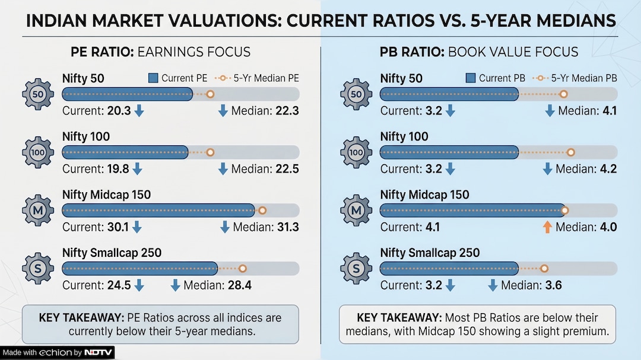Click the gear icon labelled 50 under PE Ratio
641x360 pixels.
tap(38, 94)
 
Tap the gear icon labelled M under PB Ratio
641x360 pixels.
tap(356, 211)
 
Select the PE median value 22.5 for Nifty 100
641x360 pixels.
tap(287, 169)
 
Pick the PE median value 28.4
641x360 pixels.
tap(240, 285)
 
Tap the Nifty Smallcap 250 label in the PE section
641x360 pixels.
tap(112, 253)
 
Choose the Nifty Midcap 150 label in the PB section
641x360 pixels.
tap(424, 195)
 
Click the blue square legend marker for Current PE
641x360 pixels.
tap(153, 78)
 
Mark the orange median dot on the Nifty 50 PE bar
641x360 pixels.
tap(210, 94)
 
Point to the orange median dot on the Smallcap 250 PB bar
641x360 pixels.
tap(544, 269)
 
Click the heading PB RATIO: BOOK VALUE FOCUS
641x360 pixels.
tap(478, 52)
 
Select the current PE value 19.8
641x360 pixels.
tap(117, 169)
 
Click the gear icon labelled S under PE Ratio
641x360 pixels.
tap(38, 269)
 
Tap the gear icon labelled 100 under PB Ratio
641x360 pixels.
tap(356, 152)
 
